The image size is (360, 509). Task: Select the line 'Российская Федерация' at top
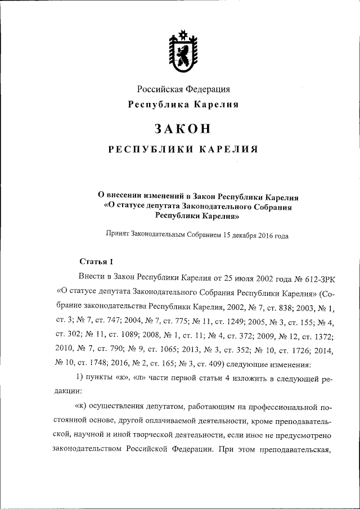pyautogui.click(x=184, y=89)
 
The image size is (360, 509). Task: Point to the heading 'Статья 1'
pyautogui.click(x=96, y=261)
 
